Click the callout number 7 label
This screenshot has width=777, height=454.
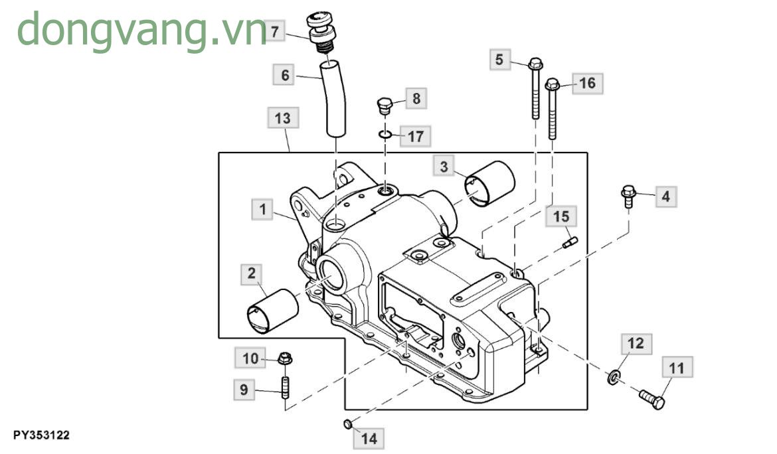pyautogui.click(x=276, y=31)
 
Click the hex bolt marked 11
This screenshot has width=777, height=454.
pyautogui.click(x=651, y=398)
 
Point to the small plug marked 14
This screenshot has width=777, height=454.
pyautogui.click(x=347, y=423)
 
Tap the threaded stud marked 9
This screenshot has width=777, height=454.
pyautogui.click(x=286, y=387)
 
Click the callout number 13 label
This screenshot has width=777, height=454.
pyautogui.click(x=283, y=119)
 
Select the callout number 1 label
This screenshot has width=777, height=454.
pyautogui.click(x=263, y=210)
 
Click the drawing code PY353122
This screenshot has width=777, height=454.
pyautogui.click(x=41, y=435)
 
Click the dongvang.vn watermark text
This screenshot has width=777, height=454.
pyautogui.click(x=139, y=30)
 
